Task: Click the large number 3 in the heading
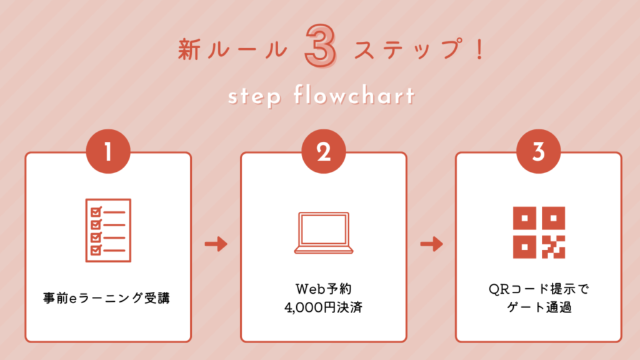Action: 321,46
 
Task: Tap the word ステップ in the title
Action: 409,49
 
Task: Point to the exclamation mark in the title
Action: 479,49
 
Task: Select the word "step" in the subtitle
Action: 255,97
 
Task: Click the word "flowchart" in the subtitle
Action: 354,95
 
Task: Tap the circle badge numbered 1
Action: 108,151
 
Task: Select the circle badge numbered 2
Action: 324,151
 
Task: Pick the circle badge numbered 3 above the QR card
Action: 539,151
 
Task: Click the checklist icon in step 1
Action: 108,230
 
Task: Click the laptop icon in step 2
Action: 324,232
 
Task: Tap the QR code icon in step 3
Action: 539,232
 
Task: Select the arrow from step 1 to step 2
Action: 216,244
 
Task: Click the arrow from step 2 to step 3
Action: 431,244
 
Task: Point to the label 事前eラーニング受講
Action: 106,298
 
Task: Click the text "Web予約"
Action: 324,289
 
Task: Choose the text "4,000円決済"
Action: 324,307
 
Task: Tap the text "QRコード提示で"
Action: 539,289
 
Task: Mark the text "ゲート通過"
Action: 539,307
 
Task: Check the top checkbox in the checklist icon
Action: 96,211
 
